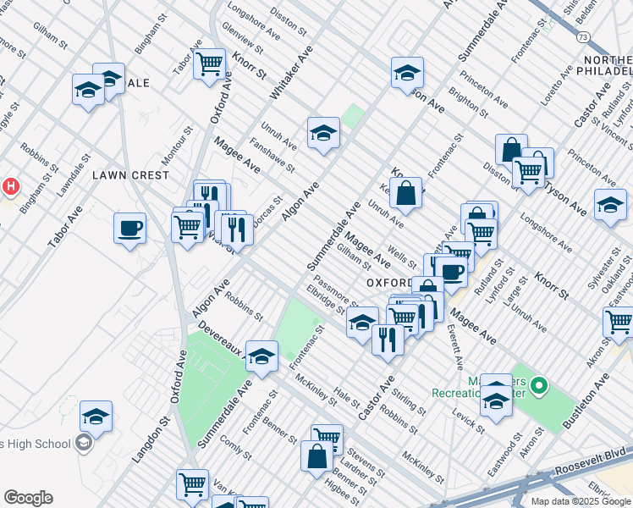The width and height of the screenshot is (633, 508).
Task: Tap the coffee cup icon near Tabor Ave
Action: (x=129, y=228)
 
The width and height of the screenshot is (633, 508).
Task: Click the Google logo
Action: (x=28, y=498)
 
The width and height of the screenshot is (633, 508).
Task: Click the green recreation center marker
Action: (x=540, y=389)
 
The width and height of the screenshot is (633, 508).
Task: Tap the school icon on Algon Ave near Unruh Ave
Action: (x=323, y=133)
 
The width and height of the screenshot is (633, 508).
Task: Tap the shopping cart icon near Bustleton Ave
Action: (x=619, y=322)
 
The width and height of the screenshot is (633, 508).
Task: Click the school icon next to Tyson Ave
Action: (x=610, y=204)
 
